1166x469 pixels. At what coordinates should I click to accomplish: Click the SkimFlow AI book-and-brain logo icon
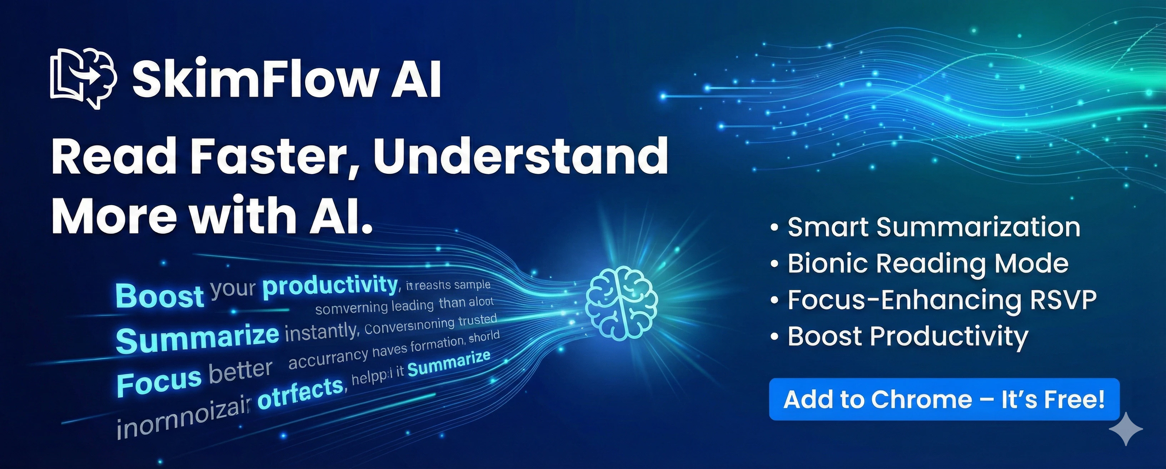[x=83, y=78]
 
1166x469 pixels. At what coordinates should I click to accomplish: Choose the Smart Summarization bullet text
[x=934, y=227]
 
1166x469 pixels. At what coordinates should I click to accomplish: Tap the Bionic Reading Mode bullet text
[x=928, y=263]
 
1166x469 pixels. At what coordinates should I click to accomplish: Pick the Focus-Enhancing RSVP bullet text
[x=942, y=300]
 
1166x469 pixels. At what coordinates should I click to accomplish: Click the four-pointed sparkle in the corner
[x=1126, y=429]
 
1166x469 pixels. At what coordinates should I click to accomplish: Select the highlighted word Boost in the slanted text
[x=159, y=295]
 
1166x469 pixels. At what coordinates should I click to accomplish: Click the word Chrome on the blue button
[x=922, y=399]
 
